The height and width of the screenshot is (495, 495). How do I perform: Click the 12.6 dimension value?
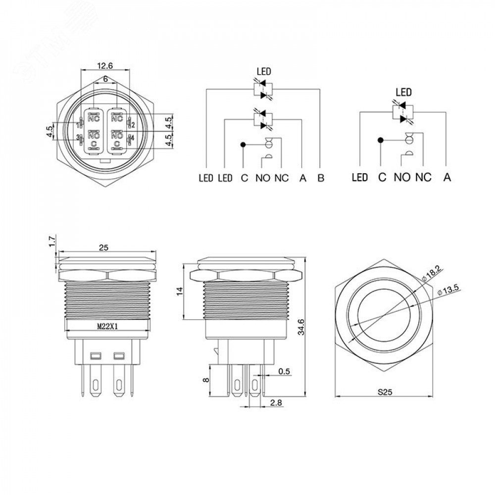tap(105, 65)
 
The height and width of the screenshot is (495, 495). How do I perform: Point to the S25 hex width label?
tap(385, 393)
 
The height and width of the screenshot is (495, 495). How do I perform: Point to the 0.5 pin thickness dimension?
tap(284, 371)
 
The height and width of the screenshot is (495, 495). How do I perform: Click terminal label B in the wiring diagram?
tap(321, 178)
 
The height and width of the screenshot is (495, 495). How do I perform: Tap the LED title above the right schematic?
tap(404, 92)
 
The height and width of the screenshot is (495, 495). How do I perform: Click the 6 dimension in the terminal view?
tap(105, 79)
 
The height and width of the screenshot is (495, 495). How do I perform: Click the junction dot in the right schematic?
tap(380, 141)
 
